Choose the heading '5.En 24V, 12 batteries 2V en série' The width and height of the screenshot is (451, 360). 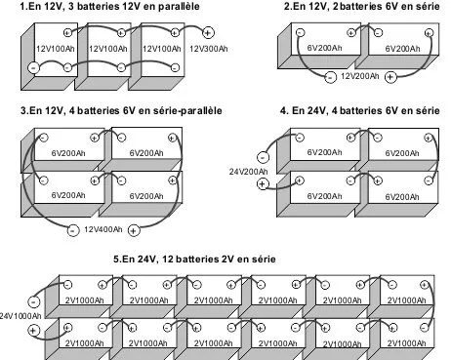[x=194, y=259]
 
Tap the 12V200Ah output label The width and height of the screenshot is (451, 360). [x=360, y=75]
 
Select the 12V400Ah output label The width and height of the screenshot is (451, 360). [x=102, y=230]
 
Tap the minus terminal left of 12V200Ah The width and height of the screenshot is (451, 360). [x=331, y=76]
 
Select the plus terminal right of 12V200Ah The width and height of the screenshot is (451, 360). [x=390, y=76]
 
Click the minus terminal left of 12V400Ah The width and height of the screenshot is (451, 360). [x=73, y=230]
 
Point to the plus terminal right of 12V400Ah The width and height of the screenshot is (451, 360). [x=134, y=230]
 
